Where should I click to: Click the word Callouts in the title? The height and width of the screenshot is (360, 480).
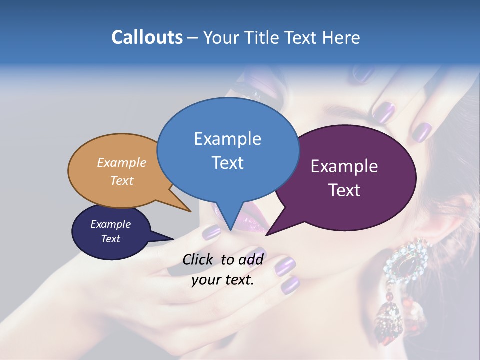pyautogui.click(x=147, y=37)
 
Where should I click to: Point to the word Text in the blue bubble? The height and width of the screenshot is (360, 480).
pyautogui.click(x=227, y=163)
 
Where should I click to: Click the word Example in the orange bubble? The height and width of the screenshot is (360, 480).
pyautogui.click(x=121, y=163)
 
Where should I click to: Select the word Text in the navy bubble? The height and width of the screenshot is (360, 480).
pyautogui.click(x=110, y=239)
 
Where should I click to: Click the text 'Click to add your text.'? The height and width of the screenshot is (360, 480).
pyautogui.click(x=223, y=269)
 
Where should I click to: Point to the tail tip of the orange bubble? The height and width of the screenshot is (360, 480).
pyautogui.click(x=190, y=211)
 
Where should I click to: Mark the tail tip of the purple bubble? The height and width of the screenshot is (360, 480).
pyautogui.click(x=267, y=234)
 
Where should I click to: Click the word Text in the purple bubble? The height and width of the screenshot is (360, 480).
pyautogui.click(x=344, y=190)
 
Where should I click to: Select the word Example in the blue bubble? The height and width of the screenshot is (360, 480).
pyautogui.click(x=227, y=139)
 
